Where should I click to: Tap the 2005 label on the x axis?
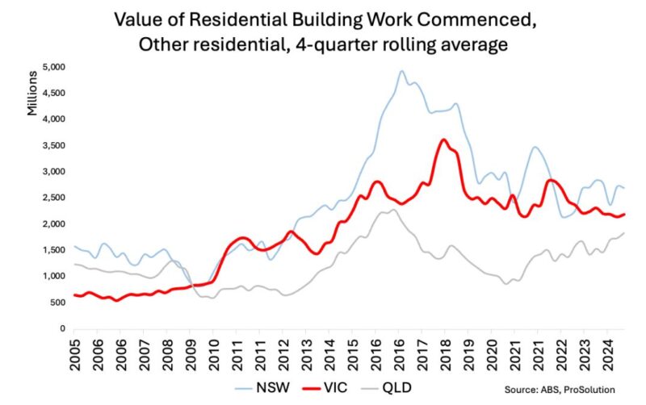(x=74, y=352)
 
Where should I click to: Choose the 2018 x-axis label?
(x=443, y=352)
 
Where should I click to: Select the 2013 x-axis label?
(x=307, y=352)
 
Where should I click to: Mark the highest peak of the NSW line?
(x=401, y=71)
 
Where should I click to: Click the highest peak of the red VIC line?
(x=443, y=140)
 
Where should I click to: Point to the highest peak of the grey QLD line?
(x=392, y=210)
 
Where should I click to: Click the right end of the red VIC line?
(x=625, y=214)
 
